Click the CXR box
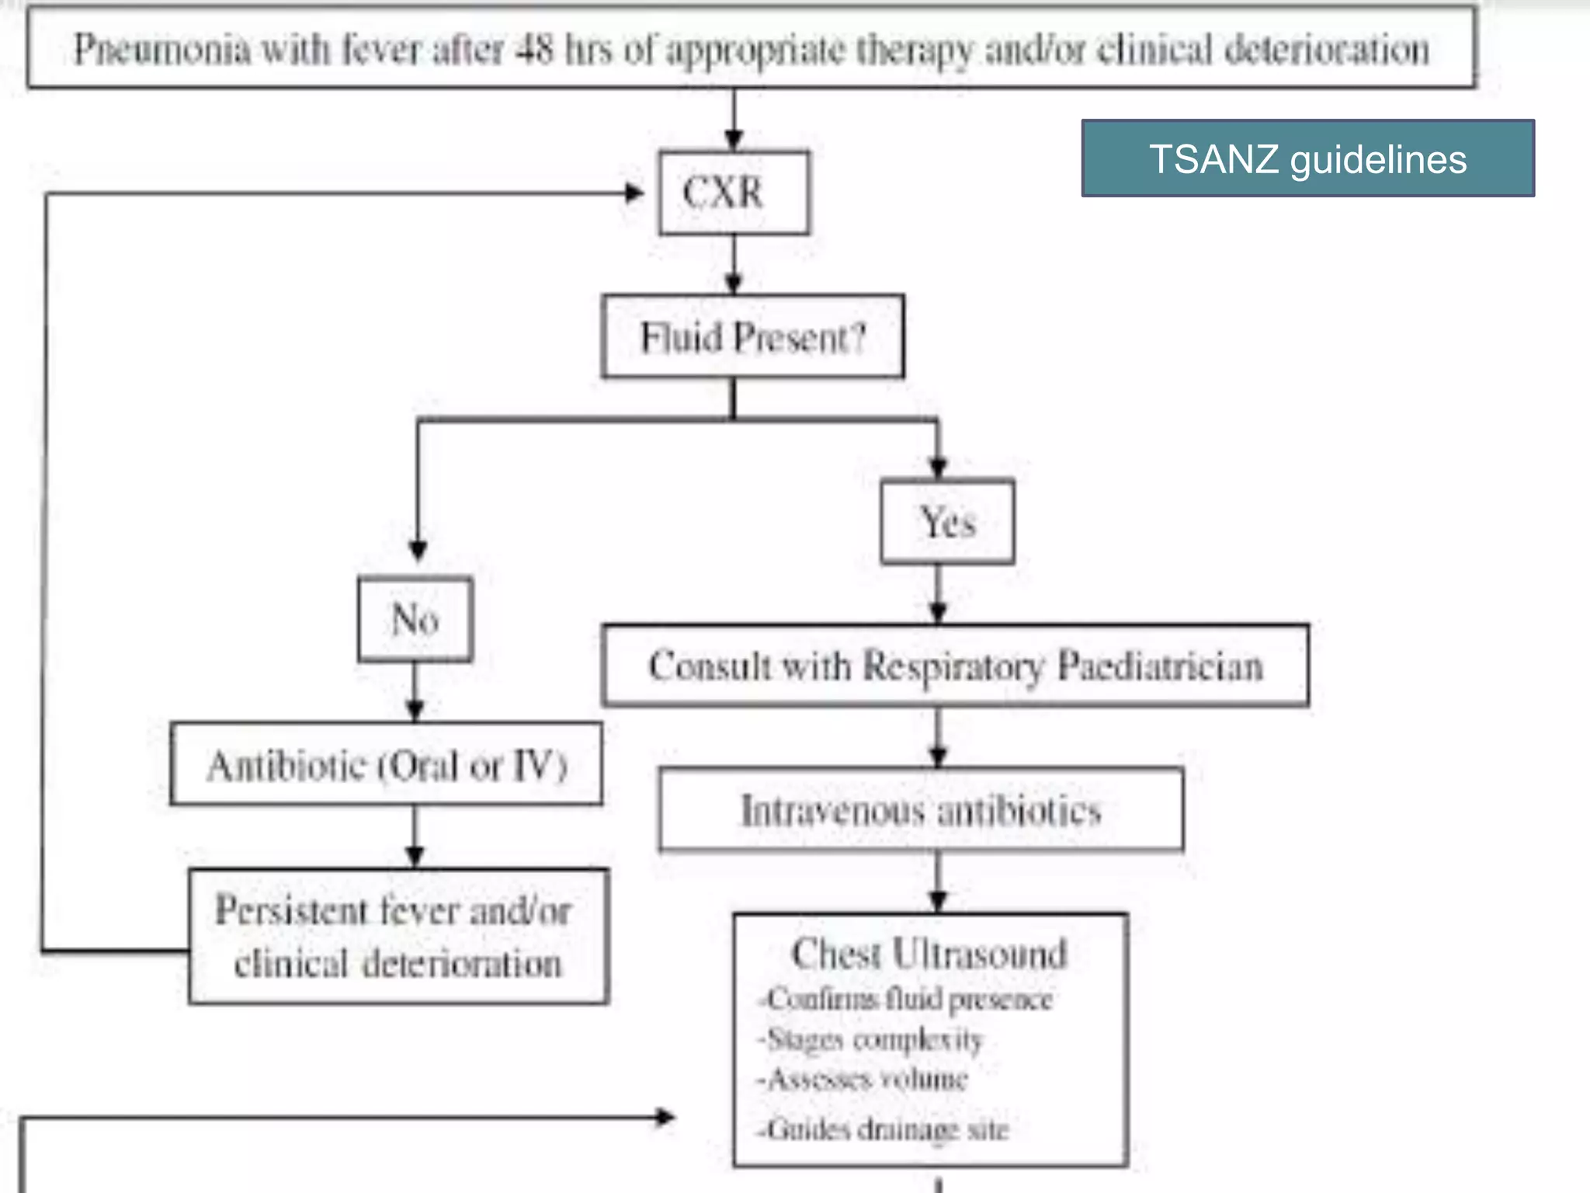(x=734, y=193)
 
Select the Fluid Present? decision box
(x=752, y=337)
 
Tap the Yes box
(x=947, y=521)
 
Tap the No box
(x=415, y=619)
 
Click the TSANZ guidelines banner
(x=1307, y=158)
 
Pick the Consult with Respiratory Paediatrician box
(x=955, y=666)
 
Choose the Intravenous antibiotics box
(x=921, y=810)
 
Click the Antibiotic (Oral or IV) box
(x=386, y=765)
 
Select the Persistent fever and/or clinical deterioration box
(x=397, y=937)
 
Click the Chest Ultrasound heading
(x=929, y=953)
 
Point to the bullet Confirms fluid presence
(x=907, y=999)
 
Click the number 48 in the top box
(x=535, y=49)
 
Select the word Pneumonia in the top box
(x=161, y=50)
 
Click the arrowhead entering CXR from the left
(x=635, y=193)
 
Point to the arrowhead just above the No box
(x=418, y=551)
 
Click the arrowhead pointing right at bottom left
(x=665, y=1118)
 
